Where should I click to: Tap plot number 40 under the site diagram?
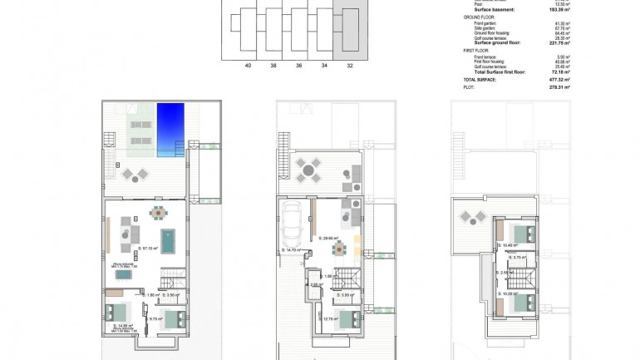coord(248,64)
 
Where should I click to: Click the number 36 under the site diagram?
coord(298,64)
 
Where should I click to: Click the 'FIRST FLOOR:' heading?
coord(475,50)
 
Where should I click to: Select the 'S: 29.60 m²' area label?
coord(329,238)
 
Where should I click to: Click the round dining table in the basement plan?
coord(157,212)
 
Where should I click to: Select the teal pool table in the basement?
coord(170,242)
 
